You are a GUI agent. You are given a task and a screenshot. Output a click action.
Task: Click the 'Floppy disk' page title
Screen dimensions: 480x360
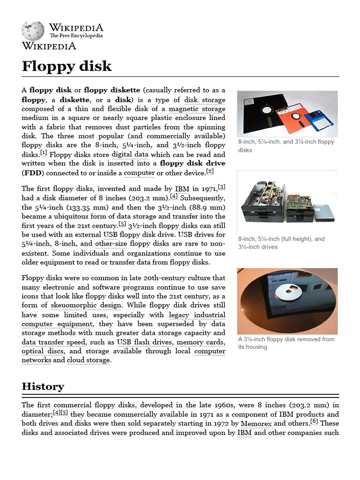coord(67,66)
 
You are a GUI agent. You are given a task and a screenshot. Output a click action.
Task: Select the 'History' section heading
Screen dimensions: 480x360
coord(43,386)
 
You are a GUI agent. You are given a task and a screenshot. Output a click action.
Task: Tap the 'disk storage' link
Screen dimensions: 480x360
coord(204,100)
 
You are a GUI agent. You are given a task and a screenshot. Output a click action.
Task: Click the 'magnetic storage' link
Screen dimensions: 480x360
coord(197,109)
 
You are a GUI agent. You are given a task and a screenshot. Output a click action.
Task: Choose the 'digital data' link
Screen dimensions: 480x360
coord(130,154)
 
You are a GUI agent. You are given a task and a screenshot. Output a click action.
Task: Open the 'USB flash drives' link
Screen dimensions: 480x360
coord(144,342)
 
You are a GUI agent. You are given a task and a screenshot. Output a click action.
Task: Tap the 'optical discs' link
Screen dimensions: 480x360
coord(44,351)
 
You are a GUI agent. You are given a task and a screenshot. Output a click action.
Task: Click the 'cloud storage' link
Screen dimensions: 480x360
coord(88,360)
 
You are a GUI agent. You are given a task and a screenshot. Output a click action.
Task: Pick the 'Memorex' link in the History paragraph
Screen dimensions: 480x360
coord(256,423)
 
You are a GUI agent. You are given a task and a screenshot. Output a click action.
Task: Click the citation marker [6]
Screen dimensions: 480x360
coord(314,421)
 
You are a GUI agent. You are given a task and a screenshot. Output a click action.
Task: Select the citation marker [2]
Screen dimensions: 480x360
coord(210,171)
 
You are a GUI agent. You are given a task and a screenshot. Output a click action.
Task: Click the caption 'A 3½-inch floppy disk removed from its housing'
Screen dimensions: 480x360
coord(286,343)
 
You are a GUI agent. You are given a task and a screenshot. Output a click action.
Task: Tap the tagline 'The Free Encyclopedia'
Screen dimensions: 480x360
coord(76,36)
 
